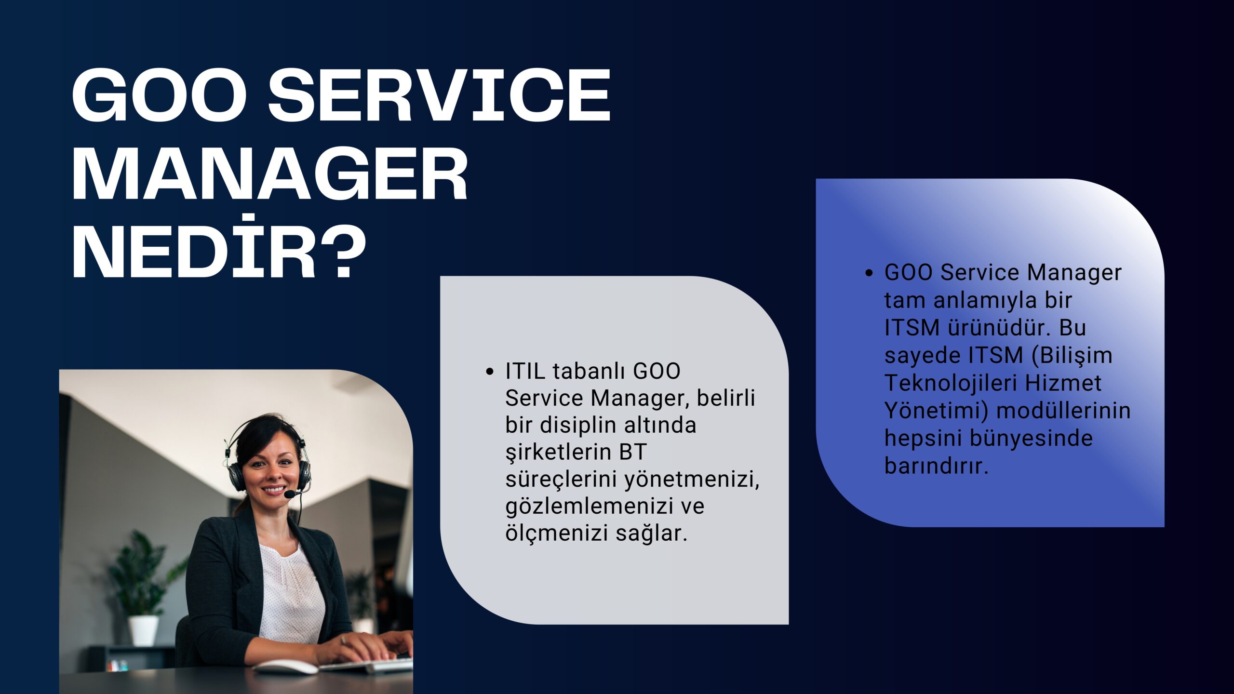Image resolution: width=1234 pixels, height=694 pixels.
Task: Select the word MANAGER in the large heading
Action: click(x=270, y=173)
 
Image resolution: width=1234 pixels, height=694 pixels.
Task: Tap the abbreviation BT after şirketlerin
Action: click(x=633, y=452)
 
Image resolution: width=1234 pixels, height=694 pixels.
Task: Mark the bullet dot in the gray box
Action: click(x=490, y=372)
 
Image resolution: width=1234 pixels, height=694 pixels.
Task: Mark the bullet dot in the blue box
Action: click(x=869, y=273)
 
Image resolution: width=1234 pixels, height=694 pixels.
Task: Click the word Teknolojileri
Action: click(x=951, y=384)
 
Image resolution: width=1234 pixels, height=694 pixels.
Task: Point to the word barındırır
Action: click(x=936, y=466)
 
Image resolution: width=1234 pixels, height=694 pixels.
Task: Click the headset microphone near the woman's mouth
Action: click(x=290, y=494)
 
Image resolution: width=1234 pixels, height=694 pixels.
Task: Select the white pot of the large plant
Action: click(x=143, y=630)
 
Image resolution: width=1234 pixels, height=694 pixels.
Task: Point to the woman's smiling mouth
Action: click(x=273, y=490)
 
